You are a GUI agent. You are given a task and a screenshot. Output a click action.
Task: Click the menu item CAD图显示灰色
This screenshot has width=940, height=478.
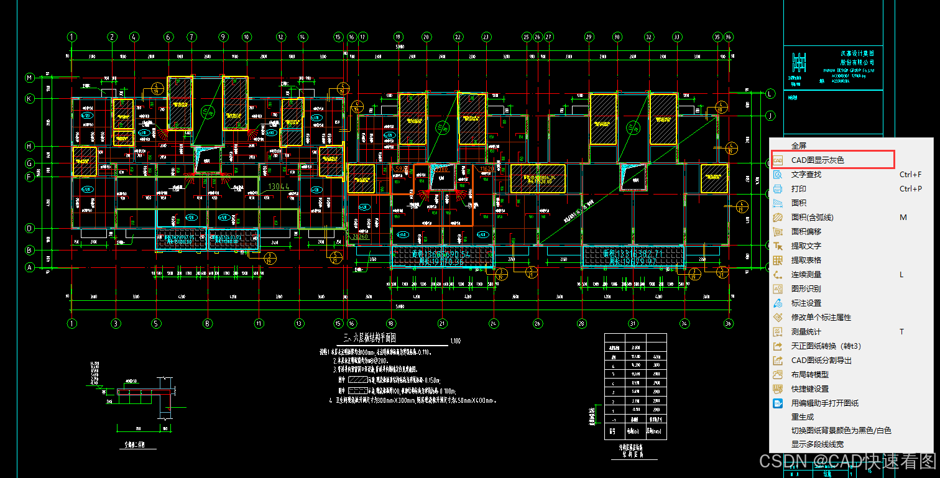click(x=817, y=160)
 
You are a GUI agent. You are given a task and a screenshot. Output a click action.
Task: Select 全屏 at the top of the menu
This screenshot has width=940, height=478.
click(x=798, y=146)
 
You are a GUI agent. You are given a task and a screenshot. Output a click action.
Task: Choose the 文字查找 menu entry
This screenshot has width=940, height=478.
click(x=806, y=175)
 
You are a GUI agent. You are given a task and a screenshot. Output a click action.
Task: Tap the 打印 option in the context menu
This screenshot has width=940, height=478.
click(x=798, y=189)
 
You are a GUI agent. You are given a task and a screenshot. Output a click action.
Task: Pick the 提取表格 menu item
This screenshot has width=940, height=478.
click(x=806, y=260)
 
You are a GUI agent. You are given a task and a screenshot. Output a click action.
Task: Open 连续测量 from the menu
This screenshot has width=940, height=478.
click(x=806, y=275)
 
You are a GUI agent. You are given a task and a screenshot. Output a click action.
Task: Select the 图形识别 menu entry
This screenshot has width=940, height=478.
click(x=806, y=289)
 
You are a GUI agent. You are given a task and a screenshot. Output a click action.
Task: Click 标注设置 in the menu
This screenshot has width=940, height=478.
click(x=806, y=303)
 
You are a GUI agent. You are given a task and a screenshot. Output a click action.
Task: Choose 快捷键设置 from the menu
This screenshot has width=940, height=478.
click(x=809, y=389)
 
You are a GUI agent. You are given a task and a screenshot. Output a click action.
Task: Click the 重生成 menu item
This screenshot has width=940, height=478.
click(x=802, y=417)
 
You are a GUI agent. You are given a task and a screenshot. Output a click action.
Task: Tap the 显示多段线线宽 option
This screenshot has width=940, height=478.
click(x=817, y=444)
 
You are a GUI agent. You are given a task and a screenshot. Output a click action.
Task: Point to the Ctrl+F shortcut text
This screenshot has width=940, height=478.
click(x=910, y=175)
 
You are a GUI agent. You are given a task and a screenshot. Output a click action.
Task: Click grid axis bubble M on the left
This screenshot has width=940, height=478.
click(x=29, y=78)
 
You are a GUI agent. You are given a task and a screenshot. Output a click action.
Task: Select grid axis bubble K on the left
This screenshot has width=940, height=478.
click(x=29, y=98)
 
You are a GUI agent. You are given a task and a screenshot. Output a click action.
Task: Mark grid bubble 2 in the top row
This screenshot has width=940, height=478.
click(x=113, y=37)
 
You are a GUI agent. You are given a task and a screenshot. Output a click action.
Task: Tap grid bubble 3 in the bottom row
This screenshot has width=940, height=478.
click(x=116, y=323)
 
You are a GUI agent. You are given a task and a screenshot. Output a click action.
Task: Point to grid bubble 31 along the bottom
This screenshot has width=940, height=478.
click(x=632, y=323)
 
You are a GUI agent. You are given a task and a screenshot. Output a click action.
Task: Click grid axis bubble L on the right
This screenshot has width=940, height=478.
click(x=770, y=94)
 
